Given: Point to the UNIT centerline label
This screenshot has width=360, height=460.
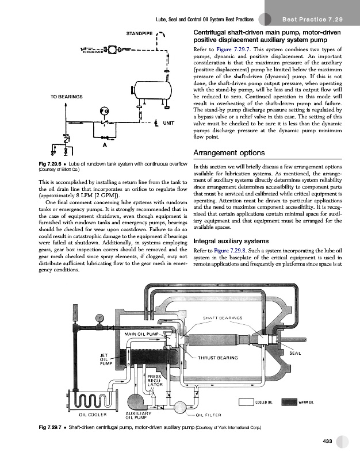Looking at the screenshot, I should (168, 122).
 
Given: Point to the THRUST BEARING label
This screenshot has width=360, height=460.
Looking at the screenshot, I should (218, 358).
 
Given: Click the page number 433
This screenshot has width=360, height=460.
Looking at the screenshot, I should (328, 440).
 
